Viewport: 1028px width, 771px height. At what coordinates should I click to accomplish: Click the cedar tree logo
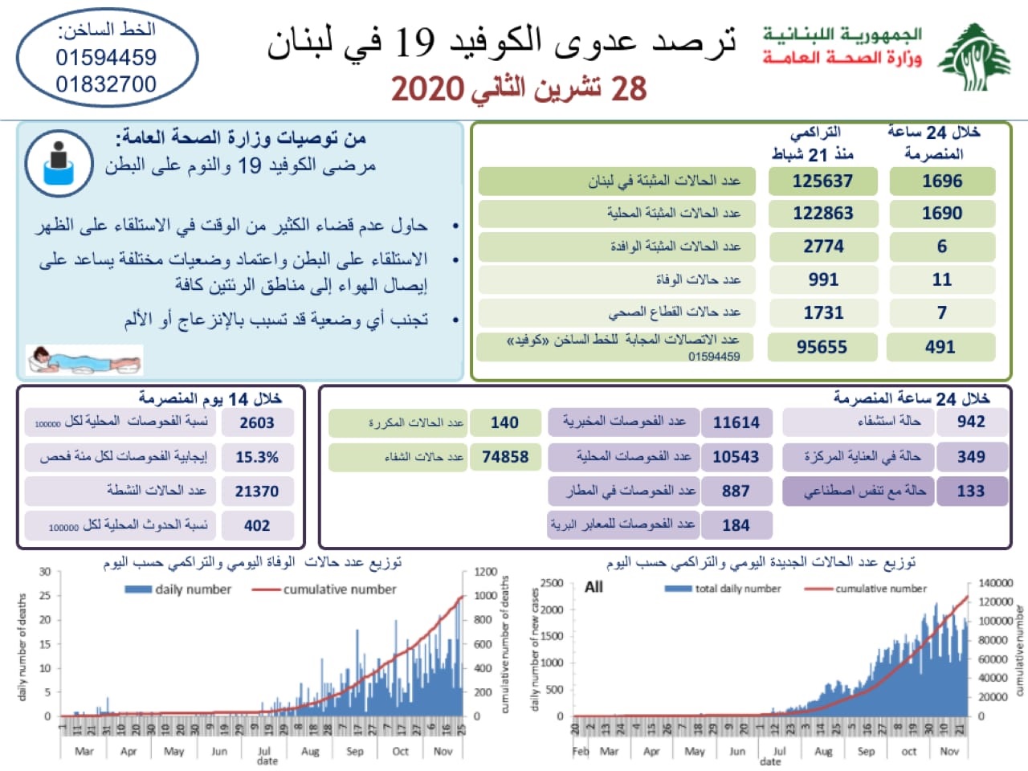point(975,57)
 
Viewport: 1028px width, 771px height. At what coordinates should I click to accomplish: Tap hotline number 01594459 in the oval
point(106,58)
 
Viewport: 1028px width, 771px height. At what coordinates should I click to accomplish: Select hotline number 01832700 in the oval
point(106,84)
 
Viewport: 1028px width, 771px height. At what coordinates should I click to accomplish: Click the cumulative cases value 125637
point(822,182)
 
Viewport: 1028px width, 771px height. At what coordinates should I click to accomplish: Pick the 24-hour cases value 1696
point(941,182)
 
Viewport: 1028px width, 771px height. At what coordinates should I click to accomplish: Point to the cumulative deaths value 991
point(822,279)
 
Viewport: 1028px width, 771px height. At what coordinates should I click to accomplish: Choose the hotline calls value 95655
point(822,347)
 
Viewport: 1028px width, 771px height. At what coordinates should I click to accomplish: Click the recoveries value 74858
point(505,457)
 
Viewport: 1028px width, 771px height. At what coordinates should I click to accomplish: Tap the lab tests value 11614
point(736,422)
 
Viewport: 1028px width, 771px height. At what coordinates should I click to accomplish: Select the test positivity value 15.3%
point(257,457)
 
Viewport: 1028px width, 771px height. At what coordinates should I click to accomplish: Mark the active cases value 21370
point(257,492)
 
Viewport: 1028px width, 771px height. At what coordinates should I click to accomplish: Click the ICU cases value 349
point(970,457)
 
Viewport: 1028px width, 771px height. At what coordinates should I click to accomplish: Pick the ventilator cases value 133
point(970,491)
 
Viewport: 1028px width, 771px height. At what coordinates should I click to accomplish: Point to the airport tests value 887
point(736,491)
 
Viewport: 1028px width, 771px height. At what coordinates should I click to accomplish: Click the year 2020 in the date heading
point(428,89)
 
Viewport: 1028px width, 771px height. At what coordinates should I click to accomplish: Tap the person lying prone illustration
point(84,360)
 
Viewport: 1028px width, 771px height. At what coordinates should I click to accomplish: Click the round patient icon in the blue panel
point(59,164)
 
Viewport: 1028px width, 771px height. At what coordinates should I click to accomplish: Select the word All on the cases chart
point(594,587)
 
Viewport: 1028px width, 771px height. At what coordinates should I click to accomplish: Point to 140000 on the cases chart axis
point(995,583)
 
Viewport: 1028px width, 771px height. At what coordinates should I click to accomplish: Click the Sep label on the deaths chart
point(355,752)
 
